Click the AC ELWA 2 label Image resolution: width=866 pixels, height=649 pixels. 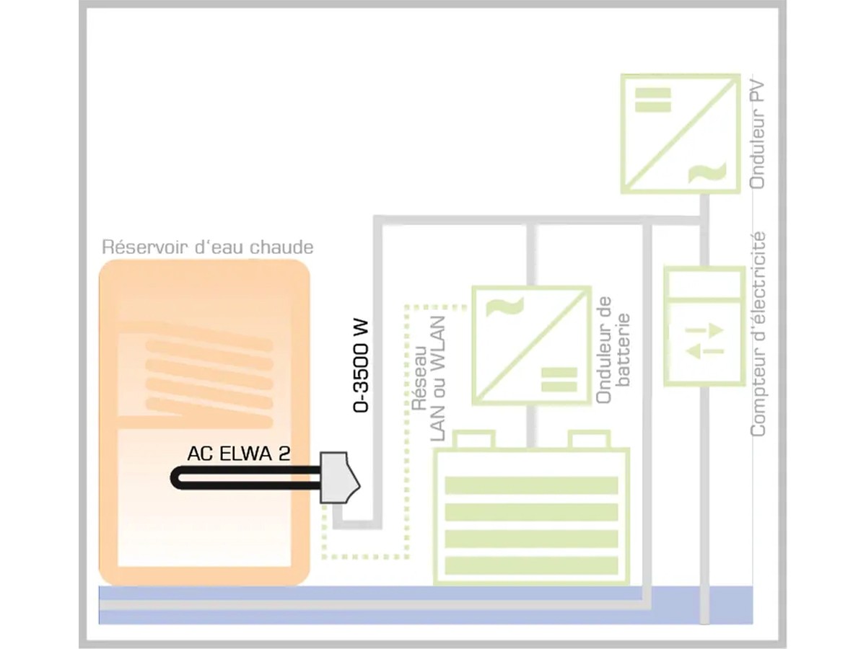[x=237, y=454]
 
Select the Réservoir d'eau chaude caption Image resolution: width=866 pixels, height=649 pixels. [x=208, y=247]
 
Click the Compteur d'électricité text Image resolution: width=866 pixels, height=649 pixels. [x=758, y=333]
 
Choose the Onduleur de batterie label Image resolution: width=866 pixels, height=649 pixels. [x=613, y=350]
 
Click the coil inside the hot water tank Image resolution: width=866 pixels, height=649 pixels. [x=209, y=375]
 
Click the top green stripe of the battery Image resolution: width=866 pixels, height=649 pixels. [x=531, y=485]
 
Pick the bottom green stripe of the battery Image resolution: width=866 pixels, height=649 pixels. [x=531, y=566]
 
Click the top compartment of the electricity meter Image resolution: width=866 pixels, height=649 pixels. [x=704, y=283]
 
